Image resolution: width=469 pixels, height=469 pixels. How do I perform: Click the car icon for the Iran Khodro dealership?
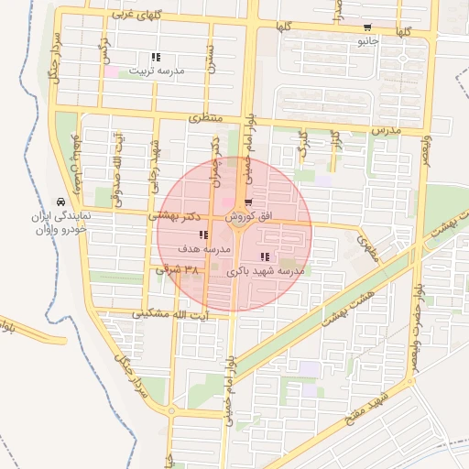pos(60,202)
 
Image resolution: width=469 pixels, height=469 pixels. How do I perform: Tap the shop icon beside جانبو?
pos(367,27)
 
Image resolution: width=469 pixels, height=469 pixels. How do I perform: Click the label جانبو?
pos(367,41)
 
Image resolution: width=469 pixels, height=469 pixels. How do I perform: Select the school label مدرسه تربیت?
pos(156,71)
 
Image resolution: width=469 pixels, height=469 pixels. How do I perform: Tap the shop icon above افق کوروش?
pos(249,202)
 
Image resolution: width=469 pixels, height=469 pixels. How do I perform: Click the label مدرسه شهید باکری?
pos(266,271)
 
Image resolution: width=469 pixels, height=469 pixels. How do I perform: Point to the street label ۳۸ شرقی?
pos(178,270)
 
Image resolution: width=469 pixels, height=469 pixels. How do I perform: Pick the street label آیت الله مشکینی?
pos(184,315)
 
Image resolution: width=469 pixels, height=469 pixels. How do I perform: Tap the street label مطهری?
pos(369,246)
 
